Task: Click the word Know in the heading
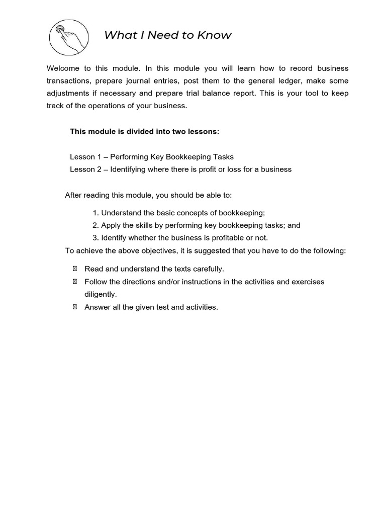click(215, 35)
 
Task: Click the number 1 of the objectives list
click(95, 213)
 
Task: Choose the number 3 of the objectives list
click(95, 238)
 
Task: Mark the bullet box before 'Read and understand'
click(75, 269)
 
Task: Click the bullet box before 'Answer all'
click(75, 307)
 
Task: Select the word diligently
click(101, 295)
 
